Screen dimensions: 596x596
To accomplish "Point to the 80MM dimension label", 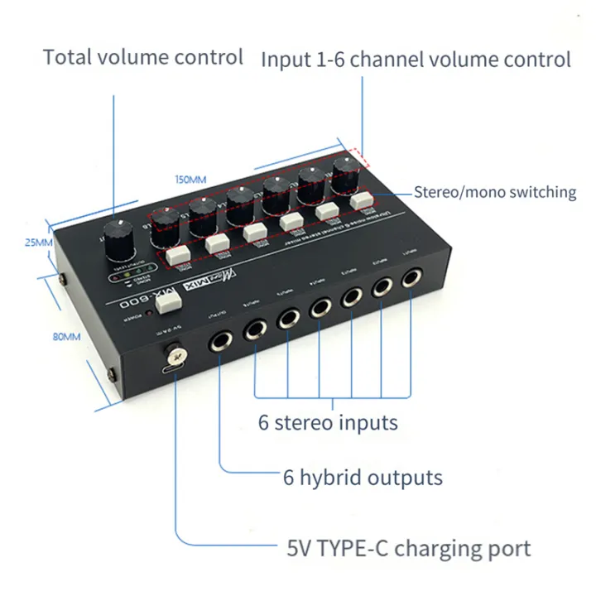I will [67, 337].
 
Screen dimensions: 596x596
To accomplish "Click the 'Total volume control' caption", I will [143, 57].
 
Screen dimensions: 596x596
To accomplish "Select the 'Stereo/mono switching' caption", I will [494, 192].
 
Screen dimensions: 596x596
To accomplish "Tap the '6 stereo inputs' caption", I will [328, 422].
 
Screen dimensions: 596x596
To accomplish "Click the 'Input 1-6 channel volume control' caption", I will [416, 59].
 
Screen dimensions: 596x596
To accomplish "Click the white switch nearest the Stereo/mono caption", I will [359, 201].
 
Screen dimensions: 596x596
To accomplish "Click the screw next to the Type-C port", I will [175, 357].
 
